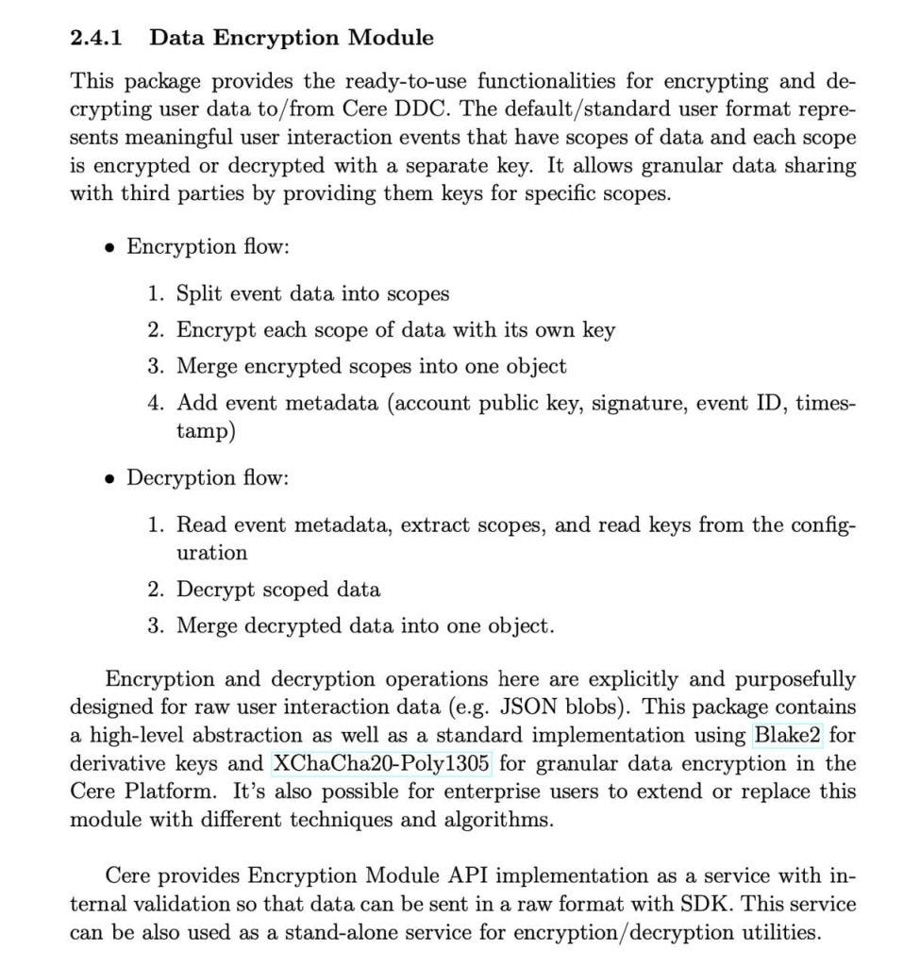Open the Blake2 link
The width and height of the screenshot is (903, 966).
(786, 735)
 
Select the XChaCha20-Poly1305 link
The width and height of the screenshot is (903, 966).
(382, 763)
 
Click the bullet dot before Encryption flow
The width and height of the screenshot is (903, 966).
(110, 248)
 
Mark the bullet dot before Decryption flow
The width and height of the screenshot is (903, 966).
(110, 478)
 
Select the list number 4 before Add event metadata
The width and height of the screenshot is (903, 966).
(156, 403)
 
